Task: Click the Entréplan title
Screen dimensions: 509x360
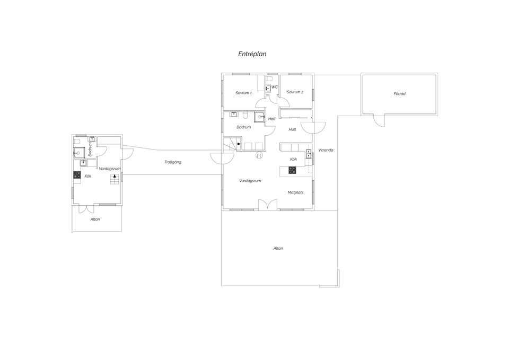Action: tap(252, 54)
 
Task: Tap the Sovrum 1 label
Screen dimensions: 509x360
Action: tap(243, 93)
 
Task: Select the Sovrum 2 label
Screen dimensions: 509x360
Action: tap(295, 92)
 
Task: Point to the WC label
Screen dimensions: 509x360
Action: tap(275, 87)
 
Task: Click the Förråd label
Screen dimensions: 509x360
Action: tap(400, 94)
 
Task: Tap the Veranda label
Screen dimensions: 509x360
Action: tap(326, 150)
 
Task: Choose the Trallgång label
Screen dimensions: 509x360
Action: tap(173, 162)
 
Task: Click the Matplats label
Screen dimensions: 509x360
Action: tap(295, 192)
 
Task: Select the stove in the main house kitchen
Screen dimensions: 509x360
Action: tap(292, 170)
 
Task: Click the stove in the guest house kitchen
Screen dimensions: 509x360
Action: tap(77, 174)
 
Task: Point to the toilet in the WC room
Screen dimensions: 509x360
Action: tap(269, 79)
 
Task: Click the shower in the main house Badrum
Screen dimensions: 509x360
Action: tap(259, 117)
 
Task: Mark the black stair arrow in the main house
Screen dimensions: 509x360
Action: tap(239, 144)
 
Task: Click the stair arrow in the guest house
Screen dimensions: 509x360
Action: tap(115, 176)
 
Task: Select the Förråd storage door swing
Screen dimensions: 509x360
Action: tap(379, 120)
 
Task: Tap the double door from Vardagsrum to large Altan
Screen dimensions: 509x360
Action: tap(268, 205)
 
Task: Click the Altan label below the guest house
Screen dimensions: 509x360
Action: tap(95, 219)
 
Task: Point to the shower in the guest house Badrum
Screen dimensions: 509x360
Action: tap(78, 152)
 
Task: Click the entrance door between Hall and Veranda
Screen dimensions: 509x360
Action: tap(313, 128)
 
